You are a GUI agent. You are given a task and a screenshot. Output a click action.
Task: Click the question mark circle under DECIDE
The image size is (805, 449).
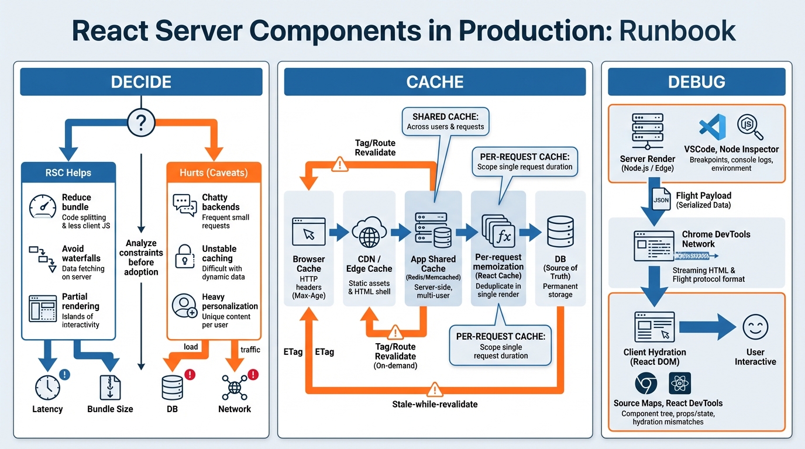[141, 123]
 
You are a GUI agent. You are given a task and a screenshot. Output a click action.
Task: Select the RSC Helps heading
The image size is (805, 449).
[68, 172]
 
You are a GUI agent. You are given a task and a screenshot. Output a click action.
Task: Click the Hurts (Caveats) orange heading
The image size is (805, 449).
[214, 172]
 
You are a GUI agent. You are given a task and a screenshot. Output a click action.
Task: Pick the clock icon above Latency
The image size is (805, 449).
[47, 388]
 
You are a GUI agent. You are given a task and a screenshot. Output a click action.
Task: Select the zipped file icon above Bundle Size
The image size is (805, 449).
[110, 388]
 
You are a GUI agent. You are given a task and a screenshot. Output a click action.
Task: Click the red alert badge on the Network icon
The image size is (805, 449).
[253, 375]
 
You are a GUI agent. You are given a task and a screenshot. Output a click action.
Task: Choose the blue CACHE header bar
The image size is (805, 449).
[435, 82]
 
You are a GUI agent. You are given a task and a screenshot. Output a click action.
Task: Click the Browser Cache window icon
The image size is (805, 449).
[309, 232]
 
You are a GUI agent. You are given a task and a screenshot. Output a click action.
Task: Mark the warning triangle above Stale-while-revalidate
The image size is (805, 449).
[434, 389]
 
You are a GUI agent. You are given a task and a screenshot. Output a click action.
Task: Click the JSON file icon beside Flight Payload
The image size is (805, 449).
[660, 199]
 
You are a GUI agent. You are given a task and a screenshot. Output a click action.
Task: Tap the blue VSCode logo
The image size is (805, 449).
[713, 127]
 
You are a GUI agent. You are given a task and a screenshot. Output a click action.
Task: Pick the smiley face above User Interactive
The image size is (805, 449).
[755, 327]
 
